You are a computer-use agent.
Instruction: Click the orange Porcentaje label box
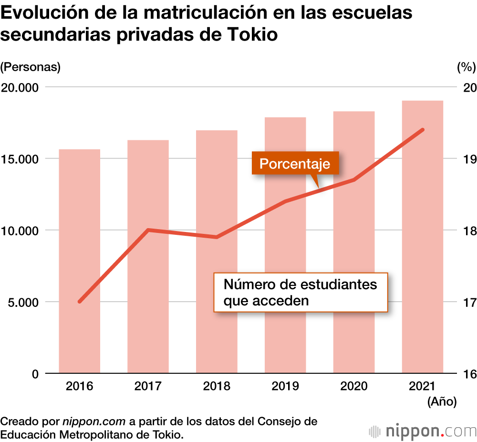coord(295,164)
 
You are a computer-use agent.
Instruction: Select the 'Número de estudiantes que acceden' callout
coord(301,293)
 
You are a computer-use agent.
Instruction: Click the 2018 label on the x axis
coord(217,386)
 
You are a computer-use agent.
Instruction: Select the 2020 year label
coord(354,386)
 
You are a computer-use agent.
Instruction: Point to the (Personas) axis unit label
coord(31,67)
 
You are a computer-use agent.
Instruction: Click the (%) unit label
coord(466,67)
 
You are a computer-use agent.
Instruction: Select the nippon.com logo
coord(423,431)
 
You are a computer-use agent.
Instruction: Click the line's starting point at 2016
coord(80,302)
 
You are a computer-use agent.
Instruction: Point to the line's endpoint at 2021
coord(423,130)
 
